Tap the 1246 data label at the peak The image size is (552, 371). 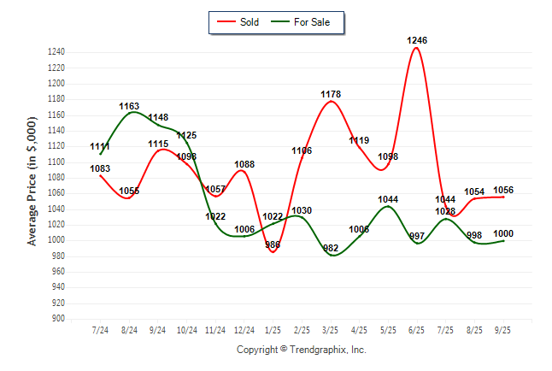click(417, 40)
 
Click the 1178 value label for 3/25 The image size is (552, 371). click(331, 94)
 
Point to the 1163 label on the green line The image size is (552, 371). click(129, 106)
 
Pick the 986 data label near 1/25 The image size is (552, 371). click(273, 245)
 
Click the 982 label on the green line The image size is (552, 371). click(331, 248)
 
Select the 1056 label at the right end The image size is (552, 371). click(503, 190)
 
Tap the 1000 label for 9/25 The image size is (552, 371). click(503, 233)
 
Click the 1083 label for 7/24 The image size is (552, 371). click(100, 168)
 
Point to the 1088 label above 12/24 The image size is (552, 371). click(244, 164)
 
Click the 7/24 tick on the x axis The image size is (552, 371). click(100, 329)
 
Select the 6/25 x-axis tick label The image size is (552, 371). click(417, 329)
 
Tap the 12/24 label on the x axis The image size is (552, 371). click(244, 329)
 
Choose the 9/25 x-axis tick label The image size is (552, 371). click(503, 329)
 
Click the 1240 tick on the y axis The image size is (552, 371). click(56, 52)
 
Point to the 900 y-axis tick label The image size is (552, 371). click(58, 319)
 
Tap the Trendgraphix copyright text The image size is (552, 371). click(301, 350)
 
